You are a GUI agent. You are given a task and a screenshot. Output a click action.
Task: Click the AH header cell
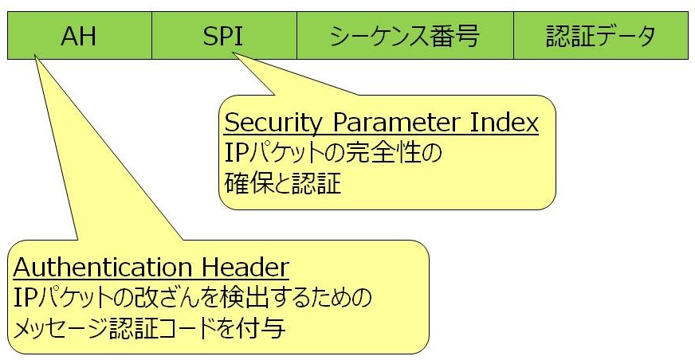[x=80, y=35]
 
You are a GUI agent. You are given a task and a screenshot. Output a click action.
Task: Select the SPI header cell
[x=224, y=35]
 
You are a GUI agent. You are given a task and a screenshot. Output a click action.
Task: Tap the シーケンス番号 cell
[x=405, y=35]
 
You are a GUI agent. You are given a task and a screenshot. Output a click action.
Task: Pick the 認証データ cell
[x=601, y=35]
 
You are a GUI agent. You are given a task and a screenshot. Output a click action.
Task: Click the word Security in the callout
[x=273, y=123]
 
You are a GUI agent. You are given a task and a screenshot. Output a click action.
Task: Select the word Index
[x=504, y=122]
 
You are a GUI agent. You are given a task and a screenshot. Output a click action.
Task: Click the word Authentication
[x=102, y=267]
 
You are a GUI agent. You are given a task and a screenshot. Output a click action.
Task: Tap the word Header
[x=245, y=267]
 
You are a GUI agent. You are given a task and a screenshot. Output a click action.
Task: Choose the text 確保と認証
[x=283, y=183]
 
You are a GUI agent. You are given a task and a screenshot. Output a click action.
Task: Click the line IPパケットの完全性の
[x=333, y=153]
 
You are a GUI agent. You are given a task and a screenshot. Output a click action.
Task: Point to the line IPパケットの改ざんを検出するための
[x=192, y=298]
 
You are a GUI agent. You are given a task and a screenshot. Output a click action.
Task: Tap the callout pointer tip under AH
[x=34, y=55]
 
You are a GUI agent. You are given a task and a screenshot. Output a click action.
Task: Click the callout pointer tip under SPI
[x=234, y=53]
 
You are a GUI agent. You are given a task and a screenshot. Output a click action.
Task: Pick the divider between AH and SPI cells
[x=152, y=35]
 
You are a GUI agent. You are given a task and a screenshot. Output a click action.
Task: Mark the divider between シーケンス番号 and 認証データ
[x=514, y=35]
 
